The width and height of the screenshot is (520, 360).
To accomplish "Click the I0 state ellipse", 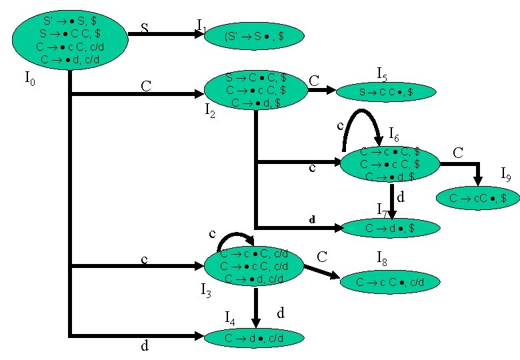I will [x=69, y=40].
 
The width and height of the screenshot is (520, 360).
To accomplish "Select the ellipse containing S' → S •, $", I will [x=254, y=37].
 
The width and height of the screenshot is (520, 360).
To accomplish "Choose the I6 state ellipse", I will [x=390, y=163].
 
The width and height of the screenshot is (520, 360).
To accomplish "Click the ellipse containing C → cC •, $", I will [x=477, y=198].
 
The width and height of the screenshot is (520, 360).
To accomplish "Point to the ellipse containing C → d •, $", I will [x=391, y=228].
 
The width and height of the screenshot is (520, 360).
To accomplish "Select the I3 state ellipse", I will [x=254, y=267].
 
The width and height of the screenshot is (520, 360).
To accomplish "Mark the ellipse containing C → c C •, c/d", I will [x=390, y=282].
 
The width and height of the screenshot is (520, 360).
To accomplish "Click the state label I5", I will [x=382, y=73].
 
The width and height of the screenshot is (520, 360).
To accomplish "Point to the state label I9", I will [x=506, y=176].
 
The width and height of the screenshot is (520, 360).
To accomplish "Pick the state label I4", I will [x=229, y=317].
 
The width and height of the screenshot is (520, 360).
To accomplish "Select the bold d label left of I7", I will [x=311, y=219].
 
